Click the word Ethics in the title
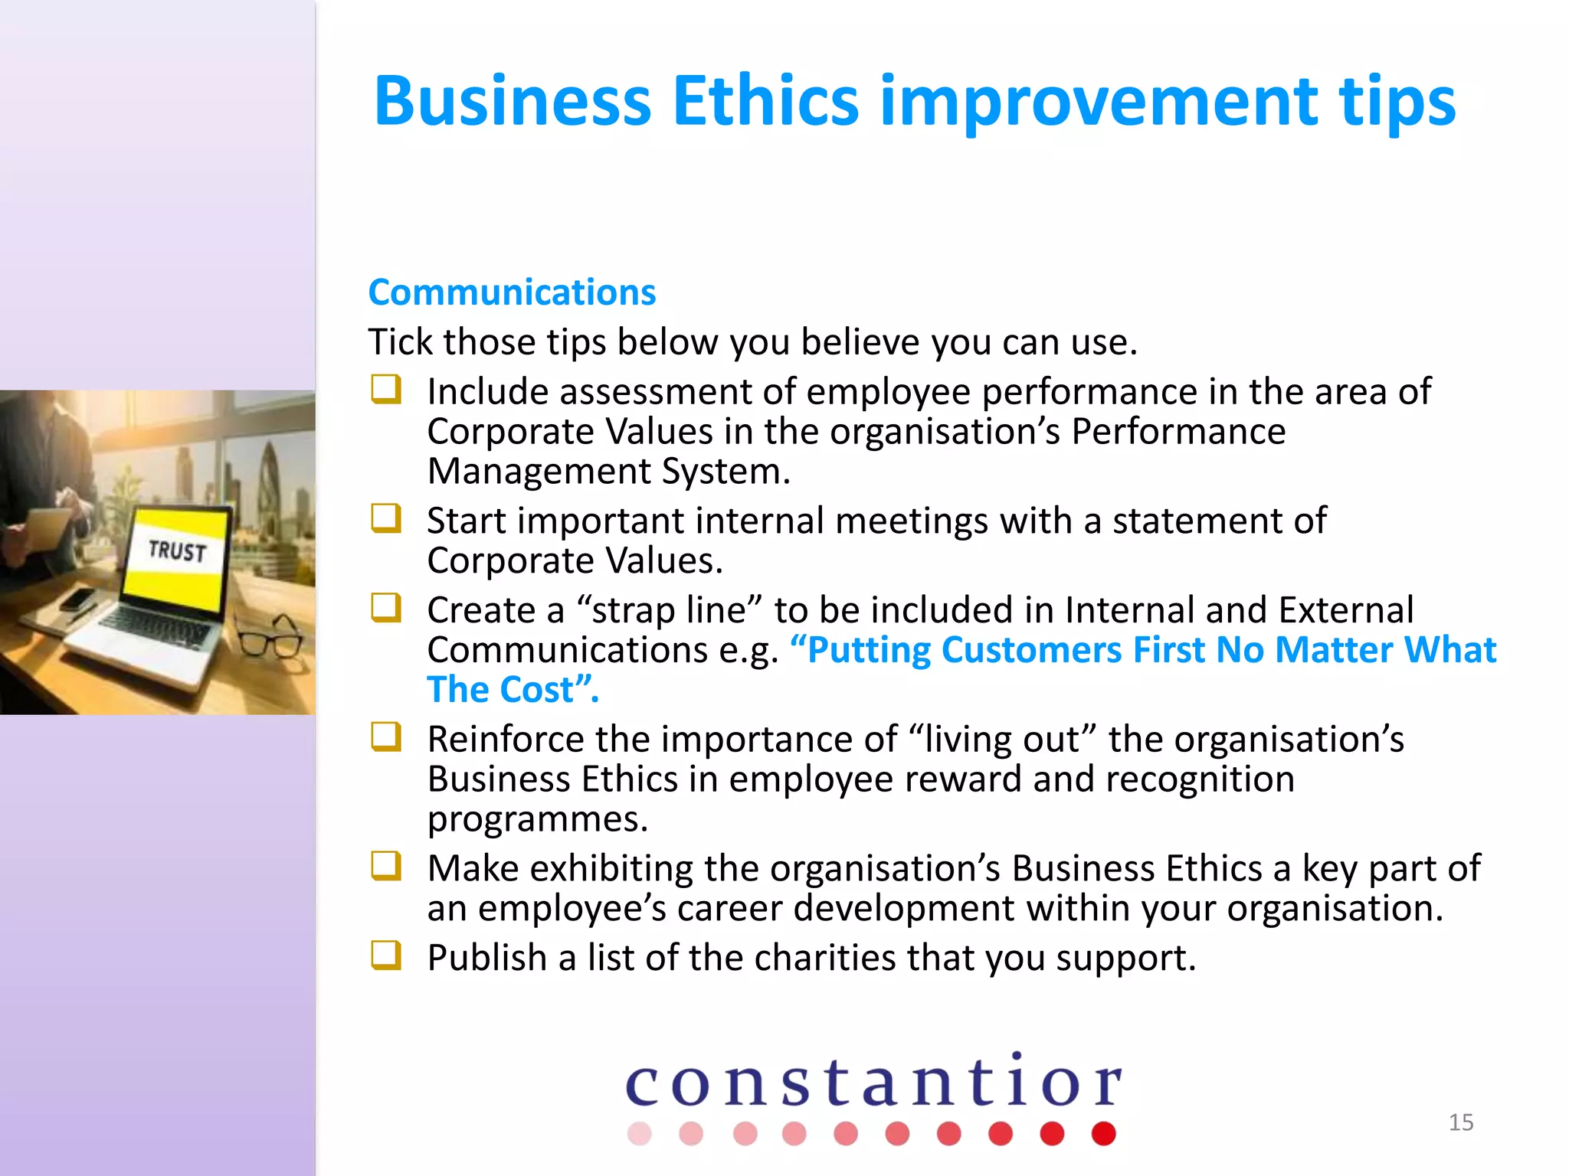tap(765, 102)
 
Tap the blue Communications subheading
tap(512, 292)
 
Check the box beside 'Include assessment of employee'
tap(386, 389)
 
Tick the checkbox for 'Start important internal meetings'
tap(386, 518)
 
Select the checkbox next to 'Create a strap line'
tap(386, 608)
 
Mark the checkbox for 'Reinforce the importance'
tap(386, 737)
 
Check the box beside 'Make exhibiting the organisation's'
tap(386, 866)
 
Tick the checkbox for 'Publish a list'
tap(386, 955)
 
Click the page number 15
tap(1460, 1122)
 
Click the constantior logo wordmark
tap(873, 1083)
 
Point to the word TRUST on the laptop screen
tap(177, 550)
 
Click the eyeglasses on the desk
tap(270, 637)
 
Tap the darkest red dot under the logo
tap(1103, 1133)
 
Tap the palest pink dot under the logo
tap(639, 1133)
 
